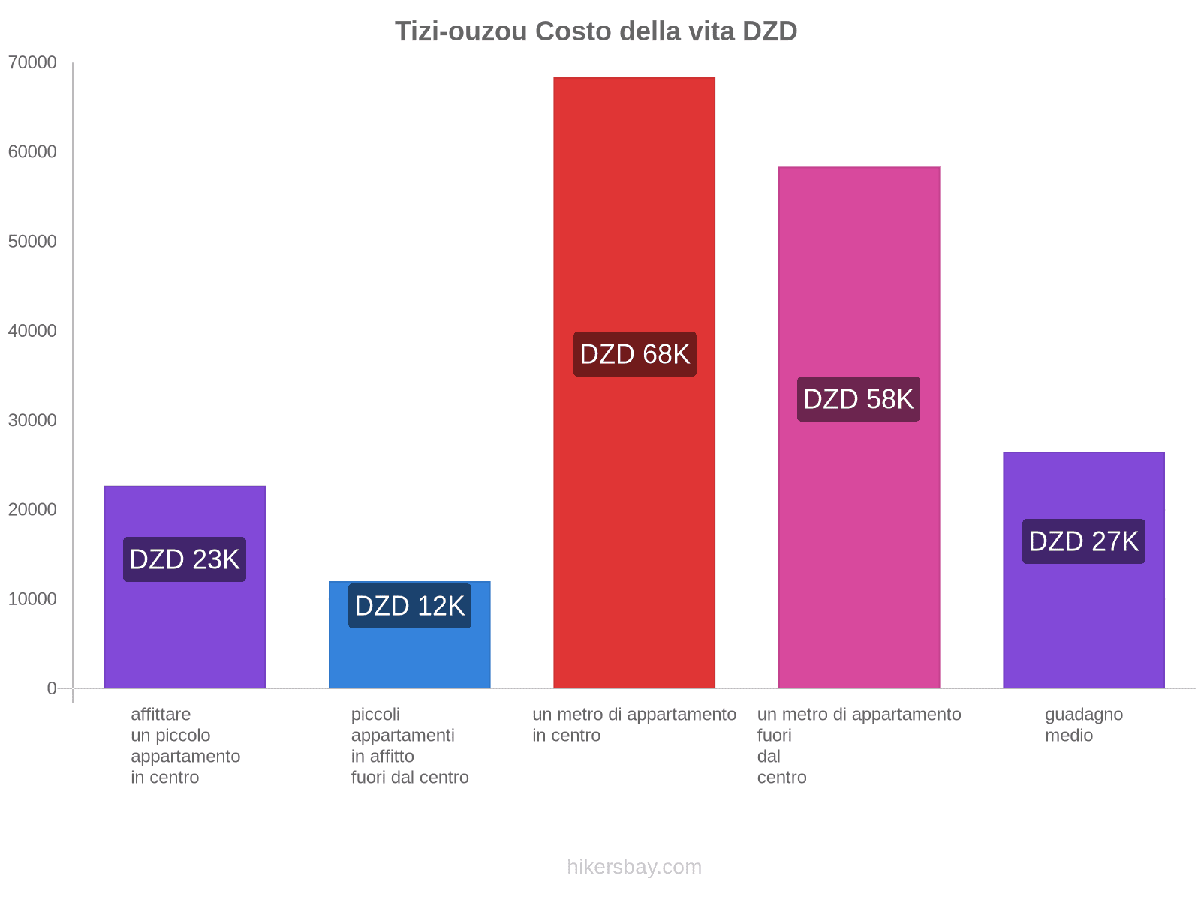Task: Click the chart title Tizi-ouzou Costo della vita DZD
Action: (x=596, y=31)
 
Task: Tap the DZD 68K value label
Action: (x=635, y=354)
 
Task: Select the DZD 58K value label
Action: (x=859, y=399)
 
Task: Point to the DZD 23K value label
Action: (x=185, y=559)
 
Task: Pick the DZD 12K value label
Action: (x=410, y=606)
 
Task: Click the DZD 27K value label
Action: (x=1084, y=541)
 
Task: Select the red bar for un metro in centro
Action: (x=634, y=225)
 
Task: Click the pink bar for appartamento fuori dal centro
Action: (x=859, y=285)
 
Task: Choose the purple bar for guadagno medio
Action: (x=1084, y=615)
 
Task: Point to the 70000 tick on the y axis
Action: (x=32, y=63)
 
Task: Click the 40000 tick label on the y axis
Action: (x=32, y=331)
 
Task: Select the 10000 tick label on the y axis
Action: (x=32, y=599)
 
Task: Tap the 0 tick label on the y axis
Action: (x=52, y=688)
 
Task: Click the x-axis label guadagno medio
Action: (x=1084, y=725)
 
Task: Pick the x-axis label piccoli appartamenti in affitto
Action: (x=410, y=745)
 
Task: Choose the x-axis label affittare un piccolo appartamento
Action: (x=185, y=745)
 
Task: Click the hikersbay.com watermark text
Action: (x=634, y=867)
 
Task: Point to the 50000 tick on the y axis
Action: (x=32, y=241)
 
